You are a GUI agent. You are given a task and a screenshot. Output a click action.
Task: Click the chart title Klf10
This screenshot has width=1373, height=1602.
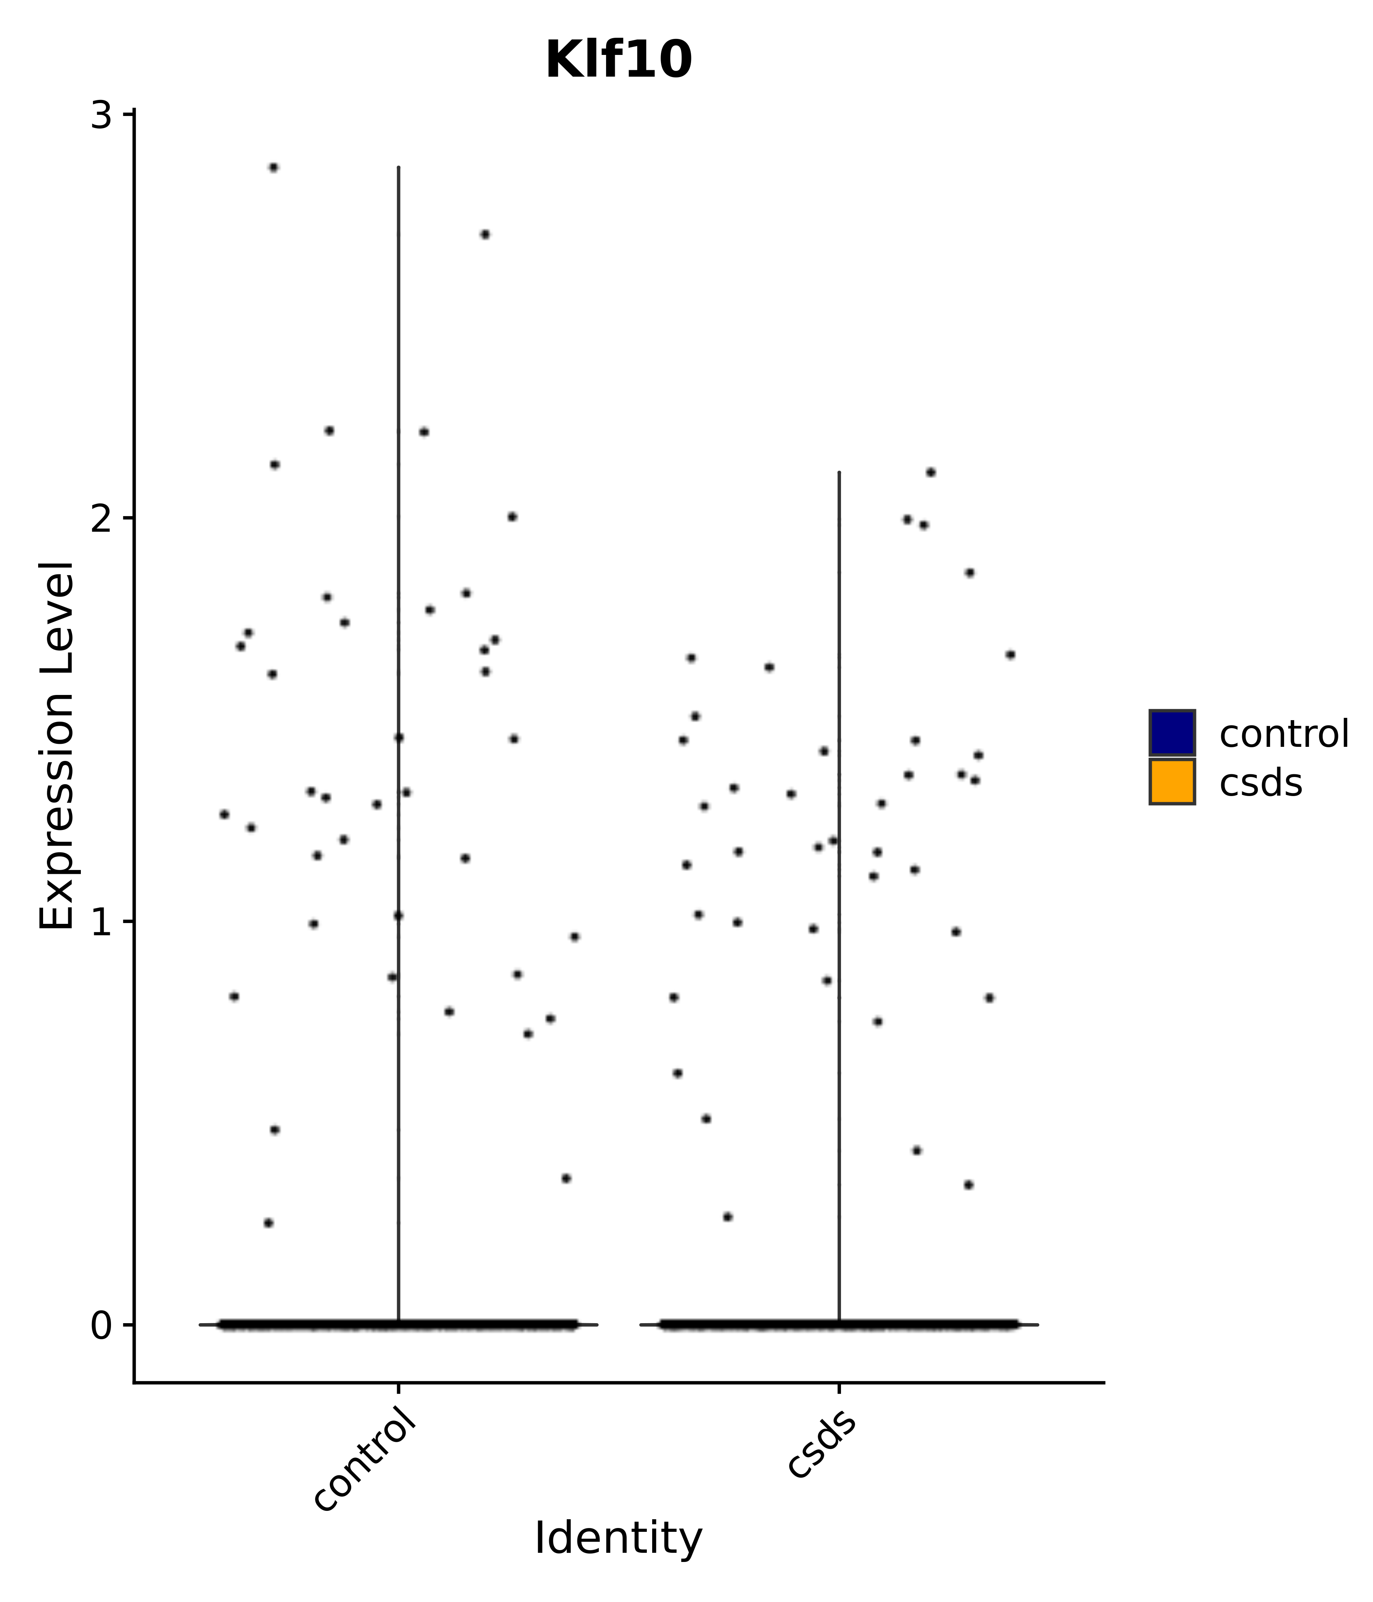point(619,60)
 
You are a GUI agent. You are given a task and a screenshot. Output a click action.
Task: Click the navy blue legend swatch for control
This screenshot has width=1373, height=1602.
point(1171,732)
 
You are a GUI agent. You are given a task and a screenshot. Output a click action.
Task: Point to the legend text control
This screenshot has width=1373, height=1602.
point(1283,734)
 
